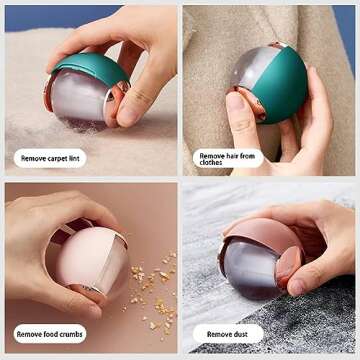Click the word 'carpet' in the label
(56, 157)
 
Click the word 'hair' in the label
(231, 154)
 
